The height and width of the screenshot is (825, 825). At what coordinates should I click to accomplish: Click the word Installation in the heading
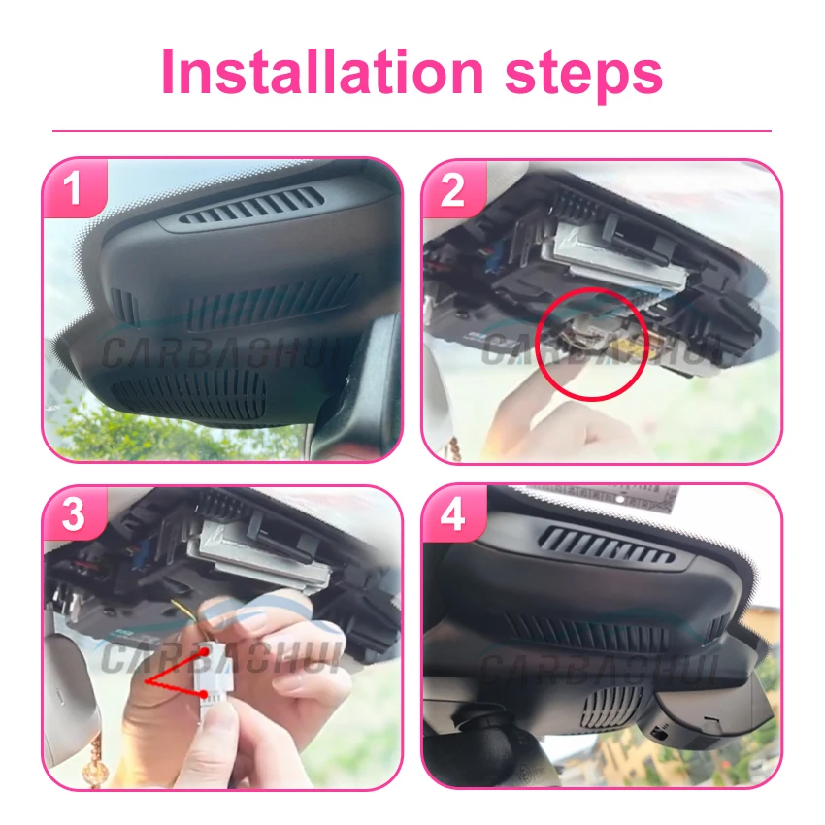pos(322,71)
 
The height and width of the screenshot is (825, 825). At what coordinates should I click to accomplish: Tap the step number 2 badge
pos(453,188)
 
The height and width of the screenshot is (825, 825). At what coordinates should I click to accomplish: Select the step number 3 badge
pos(74,513)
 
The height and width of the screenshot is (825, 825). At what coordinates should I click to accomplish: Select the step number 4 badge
pos(453,513)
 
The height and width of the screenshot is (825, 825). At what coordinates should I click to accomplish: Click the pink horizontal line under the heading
pos(412,130)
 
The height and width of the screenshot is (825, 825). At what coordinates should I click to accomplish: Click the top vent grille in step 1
pos(251,206)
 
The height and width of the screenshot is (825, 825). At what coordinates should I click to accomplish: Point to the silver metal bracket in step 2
pos(621,255)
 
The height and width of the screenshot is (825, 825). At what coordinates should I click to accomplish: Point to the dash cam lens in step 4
pos(659,733)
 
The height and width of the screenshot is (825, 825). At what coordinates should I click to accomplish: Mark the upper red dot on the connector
pos(204,652)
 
